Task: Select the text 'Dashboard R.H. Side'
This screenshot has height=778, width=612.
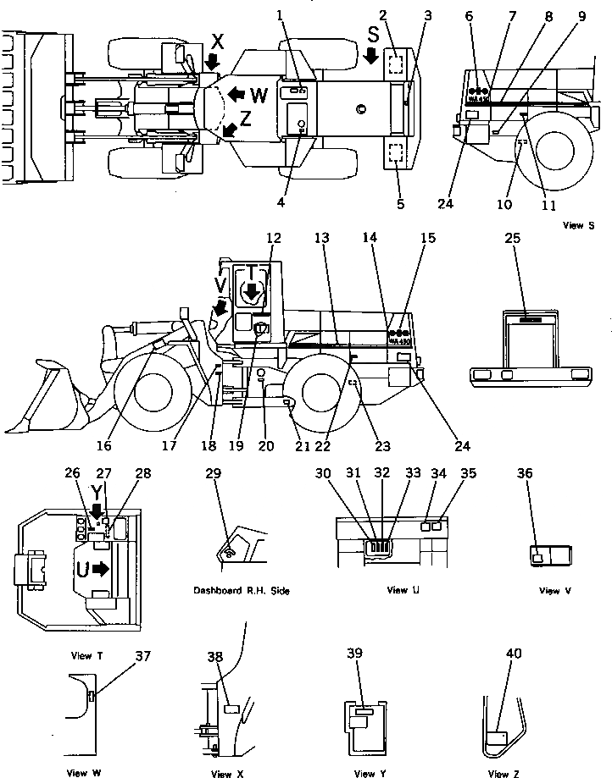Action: pyautogui.click(x=241, y=591)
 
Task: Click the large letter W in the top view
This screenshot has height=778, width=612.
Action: pyautogui.click(x=259, y=95)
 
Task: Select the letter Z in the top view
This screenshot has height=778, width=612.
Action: pyautogui.click(x=245, y=120)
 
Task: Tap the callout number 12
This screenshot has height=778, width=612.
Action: pyautogui.click(x=273, y=239)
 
